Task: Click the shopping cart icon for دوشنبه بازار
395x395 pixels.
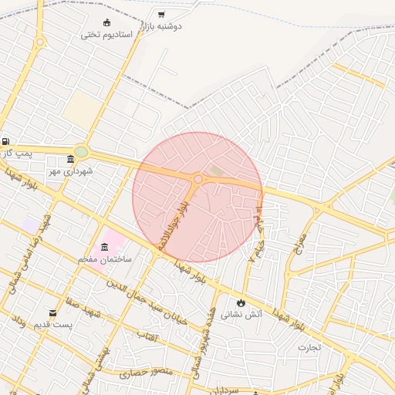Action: [x=160, y=14]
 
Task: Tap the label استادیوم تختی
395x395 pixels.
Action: [x=112, y=35]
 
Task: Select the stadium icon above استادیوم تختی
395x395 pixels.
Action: [x=106, y=22]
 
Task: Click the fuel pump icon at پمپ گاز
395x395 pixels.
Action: [x=6, y=141]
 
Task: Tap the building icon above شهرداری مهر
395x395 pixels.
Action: [x=70, y=159]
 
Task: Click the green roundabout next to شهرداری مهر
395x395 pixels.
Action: [x=81, y=152]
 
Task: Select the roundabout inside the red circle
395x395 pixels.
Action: [x=198, y=179]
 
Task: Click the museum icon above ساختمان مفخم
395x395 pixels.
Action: [x=104, y=247]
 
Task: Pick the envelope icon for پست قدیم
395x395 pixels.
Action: [x=52, y=312]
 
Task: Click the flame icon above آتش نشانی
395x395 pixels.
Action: [x=241, y=302]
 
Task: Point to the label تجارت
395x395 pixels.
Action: [x=309, y=347]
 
